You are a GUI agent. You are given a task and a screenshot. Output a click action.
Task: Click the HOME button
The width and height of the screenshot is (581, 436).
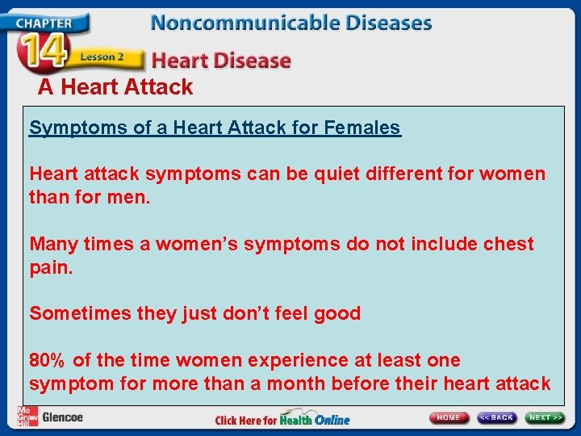pos(449,417)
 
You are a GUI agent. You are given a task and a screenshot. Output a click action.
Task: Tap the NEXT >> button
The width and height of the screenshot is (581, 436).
pos(545,417)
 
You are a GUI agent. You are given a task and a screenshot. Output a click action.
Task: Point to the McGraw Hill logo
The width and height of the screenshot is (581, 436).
pos(27,417)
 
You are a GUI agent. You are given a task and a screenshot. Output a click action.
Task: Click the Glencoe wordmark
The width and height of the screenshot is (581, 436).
pos(62,417)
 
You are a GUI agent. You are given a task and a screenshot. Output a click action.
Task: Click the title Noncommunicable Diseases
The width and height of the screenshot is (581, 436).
pos(290,22)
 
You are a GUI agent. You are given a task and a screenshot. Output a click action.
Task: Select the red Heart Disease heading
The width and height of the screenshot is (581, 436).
pos(221,60)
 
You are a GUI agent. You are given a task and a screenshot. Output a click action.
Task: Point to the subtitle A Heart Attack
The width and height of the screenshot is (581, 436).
pos(115,87)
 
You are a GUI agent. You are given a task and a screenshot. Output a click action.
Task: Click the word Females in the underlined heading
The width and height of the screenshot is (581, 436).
pos(362,128)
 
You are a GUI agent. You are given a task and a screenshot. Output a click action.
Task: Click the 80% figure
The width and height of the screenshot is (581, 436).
pos(48,360)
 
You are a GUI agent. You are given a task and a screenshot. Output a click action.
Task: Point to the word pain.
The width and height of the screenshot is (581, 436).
pos(51,267)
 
